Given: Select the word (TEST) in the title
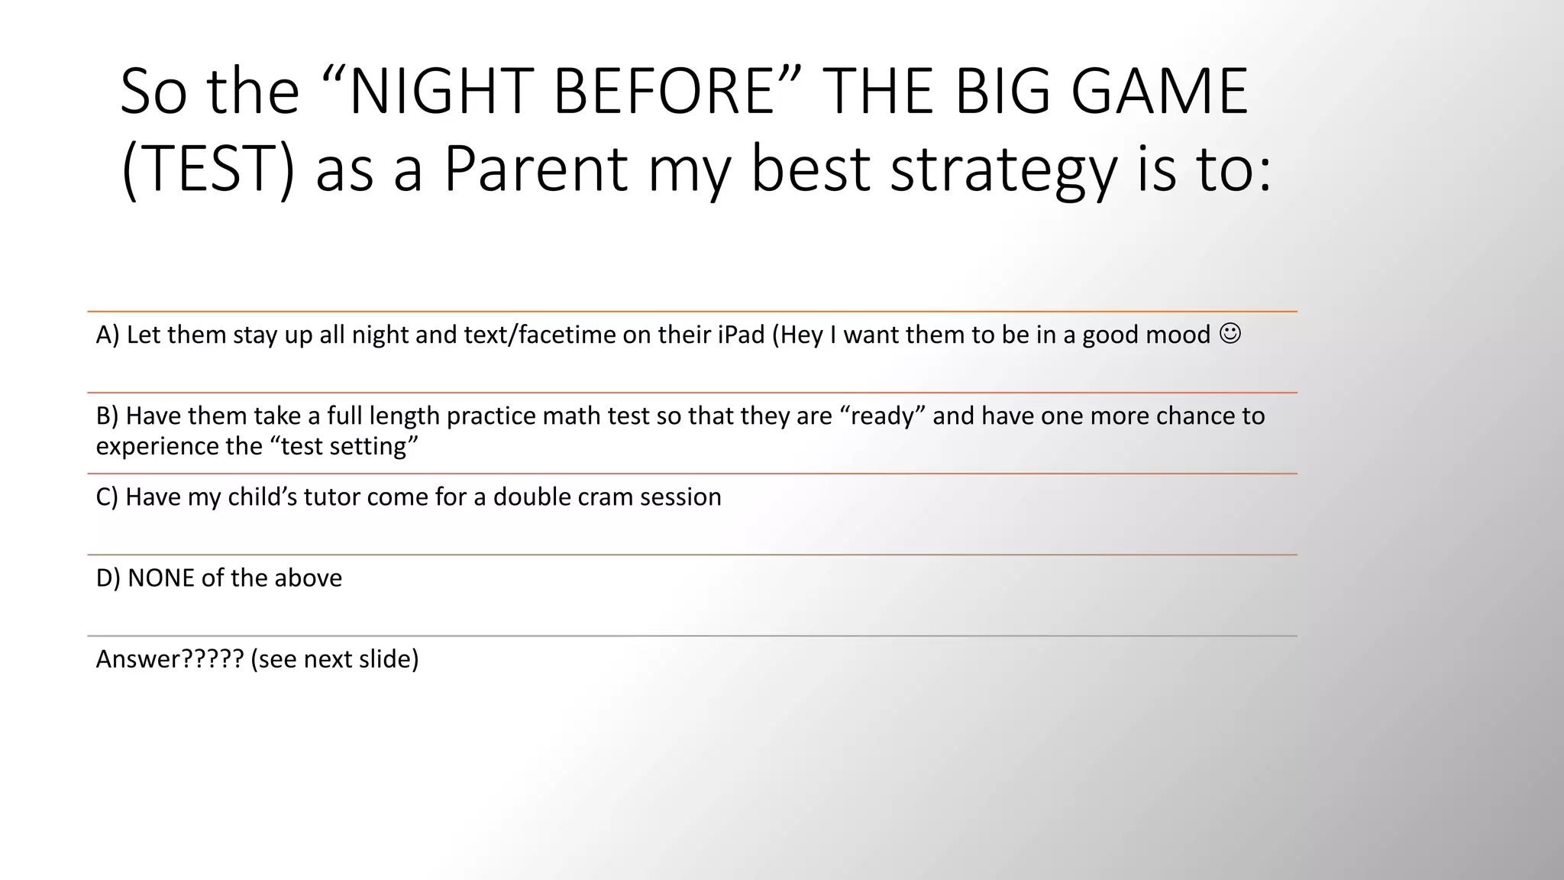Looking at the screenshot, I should click(x=208, y=170).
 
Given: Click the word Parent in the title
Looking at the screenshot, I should click(x=535, y=170).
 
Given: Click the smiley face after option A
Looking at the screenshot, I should click(x=1230, y=334).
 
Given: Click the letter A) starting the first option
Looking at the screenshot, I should click(x=108, y=335).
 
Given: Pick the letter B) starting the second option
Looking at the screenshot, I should click(x=107, y=416).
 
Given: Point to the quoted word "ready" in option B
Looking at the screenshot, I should click(x=882, y=416).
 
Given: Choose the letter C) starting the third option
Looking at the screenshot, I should click(x=107, y=497).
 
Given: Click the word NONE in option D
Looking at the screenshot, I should click(x=160, y=577).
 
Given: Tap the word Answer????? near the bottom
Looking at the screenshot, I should click(x=170, y=658).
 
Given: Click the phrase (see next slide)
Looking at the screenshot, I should click(x=334, y=658).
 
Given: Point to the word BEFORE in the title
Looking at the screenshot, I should click(x=663, y=92).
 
